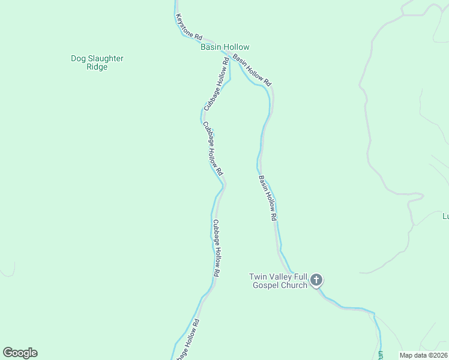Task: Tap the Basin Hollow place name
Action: pyautogui.click(x=224, y=47)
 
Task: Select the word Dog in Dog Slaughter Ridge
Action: pyautogui.click(x=79, y=59)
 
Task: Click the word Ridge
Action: pyautogui.click(x=97, y=67)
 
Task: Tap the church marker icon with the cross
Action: pyautogui.click(x=316, y=280)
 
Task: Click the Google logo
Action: pyautogui.click(x=20, y=353)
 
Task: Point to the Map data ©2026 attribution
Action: pyautogui.click(x=423, y=355)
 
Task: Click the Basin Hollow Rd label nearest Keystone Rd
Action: pyautogui.click(x=252, y=70)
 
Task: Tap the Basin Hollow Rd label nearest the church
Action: pyautogui.click(x=268, y=198)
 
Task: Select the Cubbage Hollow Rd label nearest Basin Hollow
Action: pyautogui.click(x=216, y=85)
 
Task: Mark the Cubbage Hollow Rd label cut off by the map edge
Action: pyautogui.click(x=187, y=340)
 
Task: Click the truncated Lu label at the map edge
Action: pyautogui.click(x=445, y=217)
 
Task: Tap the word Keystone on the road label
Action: pyautogui.click(x=182, y=24)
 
